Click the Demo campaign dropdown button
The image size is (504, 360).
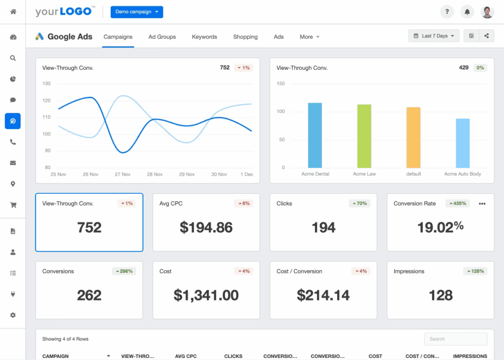point(136,12)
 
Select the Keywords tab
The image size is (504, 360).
point(204,37)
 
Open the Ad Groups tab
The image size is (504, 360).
point(162,37)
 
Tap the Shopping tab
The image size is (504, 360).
point(245,37)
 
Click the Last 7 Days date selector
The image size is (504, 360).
point(434,36)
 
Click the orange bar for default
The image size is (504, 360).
point(413,137)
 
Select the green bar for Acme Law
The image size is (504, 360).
point(364,136)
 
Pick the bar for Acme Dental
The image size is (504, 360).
point(315,135)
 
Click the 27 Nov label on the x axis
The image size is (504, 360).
point(123,175)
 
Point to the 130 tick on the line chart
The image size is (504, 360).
point(47,84)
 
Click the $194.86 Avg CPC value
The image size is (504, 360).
point(206,227)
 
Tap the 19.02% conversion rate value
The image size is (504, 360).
point(441,227)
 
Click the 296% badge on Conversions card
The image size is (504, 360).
point(124,271)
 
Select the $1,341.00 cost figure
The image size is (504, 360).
point(206,295)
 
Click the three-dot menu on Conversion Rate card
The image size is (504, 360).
point(482,204)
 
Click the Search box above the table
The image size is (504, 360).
point(456,339)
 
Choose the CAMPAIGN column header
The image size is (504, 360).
point(56,356)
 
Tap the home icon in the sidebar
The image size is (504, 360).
point(13,11)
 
